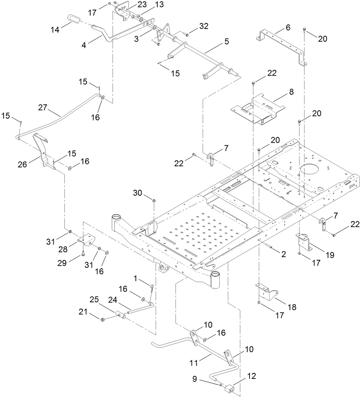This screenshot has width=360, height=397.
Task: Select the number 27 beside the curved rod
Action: [x=43, y=108]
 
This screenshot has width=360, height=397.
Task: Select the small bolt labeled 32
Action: [x=187, y=35]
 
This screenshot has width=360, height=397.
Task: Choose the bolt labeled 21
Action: [x=103, y=319]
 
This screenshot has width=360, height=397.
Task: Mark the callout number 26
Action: [x=23, y=164]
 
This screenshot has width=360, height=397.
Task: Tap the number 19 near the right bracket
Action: [x=329, y=255]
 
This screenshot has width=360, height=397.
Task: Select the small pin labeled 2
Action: [x=270, y=248]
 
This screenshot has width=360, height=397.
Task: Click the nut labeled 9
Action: [x=221, y=386]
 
